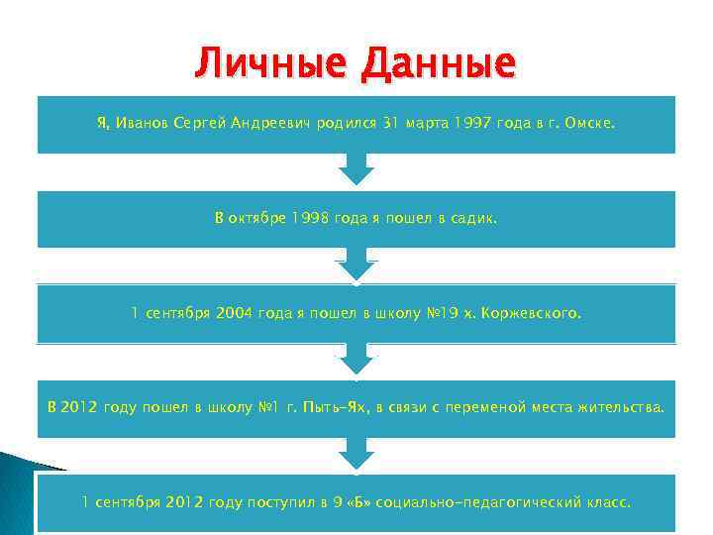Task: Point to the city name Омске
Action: point(591,124)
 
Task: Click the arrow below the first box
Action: point(356,169)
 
